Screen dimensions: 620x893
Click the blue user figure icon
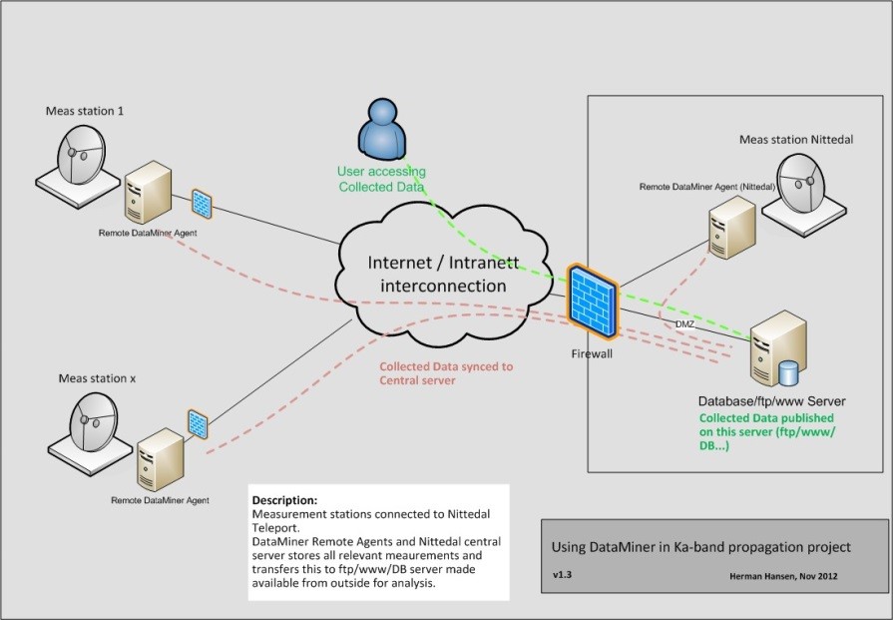(383, 132)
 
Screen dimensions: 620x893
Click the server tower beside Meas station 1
(146, 197)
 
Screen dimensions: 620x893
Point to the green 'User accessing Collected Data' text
(380, 180)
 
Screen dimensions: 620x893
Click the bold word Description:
(284, 499)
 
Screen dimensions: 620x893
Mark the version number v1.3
(562, 576)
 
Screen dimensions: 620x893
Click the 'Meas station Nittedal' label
(795, 138)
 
